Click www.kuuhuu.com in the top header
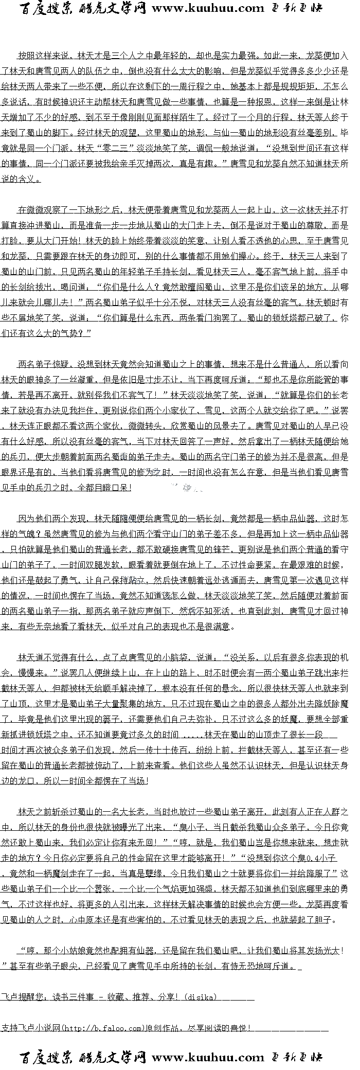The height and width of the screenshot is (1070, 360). click(x=208, y=8)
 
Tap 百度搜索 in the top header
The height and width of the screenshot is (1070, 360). click(x=46, y=8)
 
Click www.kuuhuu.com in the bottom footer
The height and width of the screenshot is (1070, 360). click(x=208, y=1058)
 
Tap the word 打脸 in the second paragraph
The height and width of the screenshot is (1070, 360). click(x=10, y=241)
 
